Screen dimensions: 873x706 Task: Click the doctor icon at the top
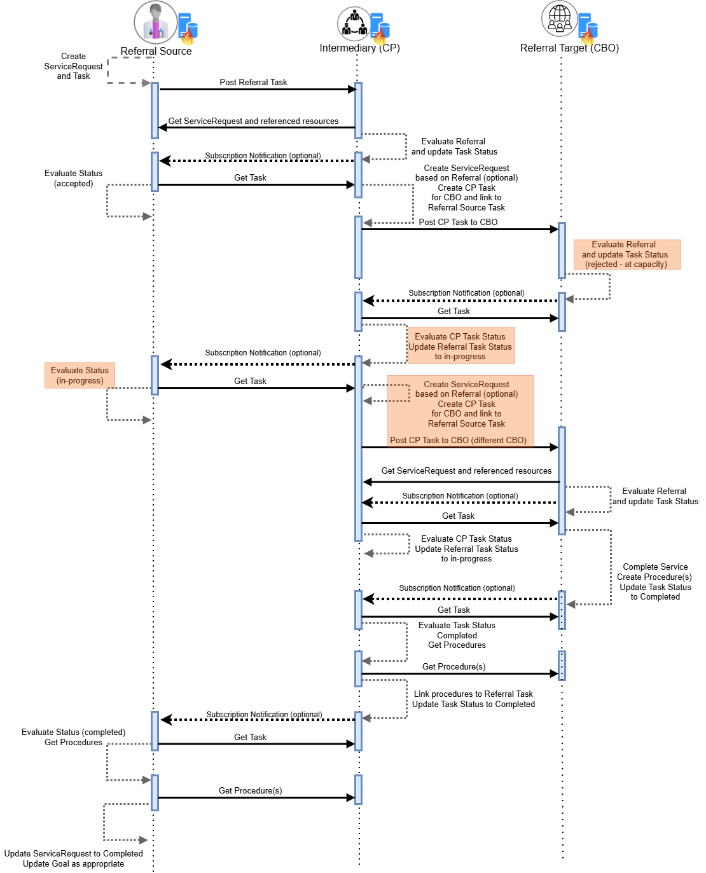click(x=155, y=22)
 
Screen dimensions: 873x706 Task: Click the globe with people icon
click(x=559, y=18)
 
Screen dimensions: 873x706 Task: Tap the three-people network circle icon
click(x=354, y=24)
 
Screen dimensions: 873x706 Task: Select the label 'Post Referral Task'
click(x=253, y=83)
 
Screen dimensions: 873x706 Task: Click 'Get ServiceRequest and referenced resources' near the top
click(x=253, y=121)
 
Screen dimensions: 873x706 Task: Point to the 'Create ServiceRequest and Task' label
click(x=73, y=66)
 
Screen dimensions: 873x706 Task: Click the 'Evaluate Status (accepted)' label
click(x=73, y=178)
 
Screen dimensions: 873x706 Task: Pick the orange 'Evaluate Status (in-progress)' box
click(x=80, y=375)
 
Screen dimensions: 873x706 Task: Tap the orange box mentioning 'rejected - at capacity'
click(x=626, y=254)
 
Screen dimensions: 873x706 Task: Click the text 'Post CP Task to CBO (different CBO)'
click(x=458, y=440)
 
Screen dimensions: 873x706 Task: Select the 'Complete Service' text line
click(x=655, y=567)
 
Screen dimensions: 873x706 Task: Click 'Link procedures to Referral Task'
click(x=473, y=694)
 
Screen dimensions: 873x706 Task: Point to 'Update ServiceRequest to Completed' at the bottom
click(x=73, y=854)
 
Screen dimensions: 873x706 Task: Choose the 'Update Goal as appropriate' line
click(x=73, y=864)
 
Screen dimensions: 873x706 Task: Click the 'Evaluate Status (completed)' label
click(x=73, y=732)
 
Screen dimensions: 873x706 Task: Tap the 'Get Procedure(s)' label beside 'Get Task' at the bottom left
click(x=250, y=791)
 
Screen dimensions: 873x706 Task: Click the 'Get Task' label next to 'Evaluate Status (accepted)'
click(x=250, y=178)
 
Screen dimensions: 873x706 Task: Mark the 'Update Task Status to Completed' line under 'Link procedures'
click(x=473, y=705)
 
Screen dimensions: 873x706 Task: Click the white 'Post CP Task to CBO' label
click(x=458, y=223)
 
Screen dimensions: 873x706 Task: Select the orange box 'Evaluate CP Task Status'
click(x=460, y=345)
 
